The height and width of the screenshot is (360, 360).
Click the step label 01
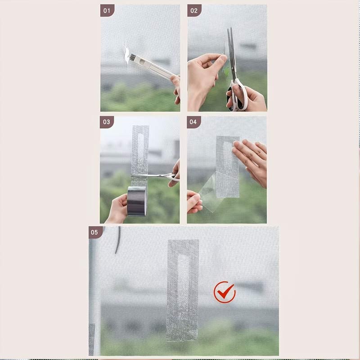(x=107, y=10)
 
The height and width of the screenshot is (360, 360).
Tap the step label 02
(x=194, y=10)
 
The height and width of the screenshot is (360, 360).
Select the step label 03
(x=107, y=122)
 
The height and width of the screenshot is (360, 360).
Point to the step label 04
(x=193, y=122)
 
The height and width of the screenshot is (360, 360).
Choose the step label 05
(x=94, y=232)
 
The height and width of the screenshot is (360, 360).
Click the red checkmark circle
(x=225, y=292)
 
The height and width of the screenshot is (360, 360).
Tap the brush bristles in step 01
(x=132, y=58)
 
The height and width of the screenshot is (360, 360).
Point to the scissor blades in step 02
(x=232, y=53)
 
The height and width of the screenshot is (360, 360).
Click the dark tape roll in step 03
(x=137, y=201)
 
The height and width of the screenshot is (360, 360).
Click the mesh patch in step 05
(x=183, y=290)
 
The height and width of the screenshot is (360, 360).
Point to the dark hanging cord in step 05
(x=118, y=240)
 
